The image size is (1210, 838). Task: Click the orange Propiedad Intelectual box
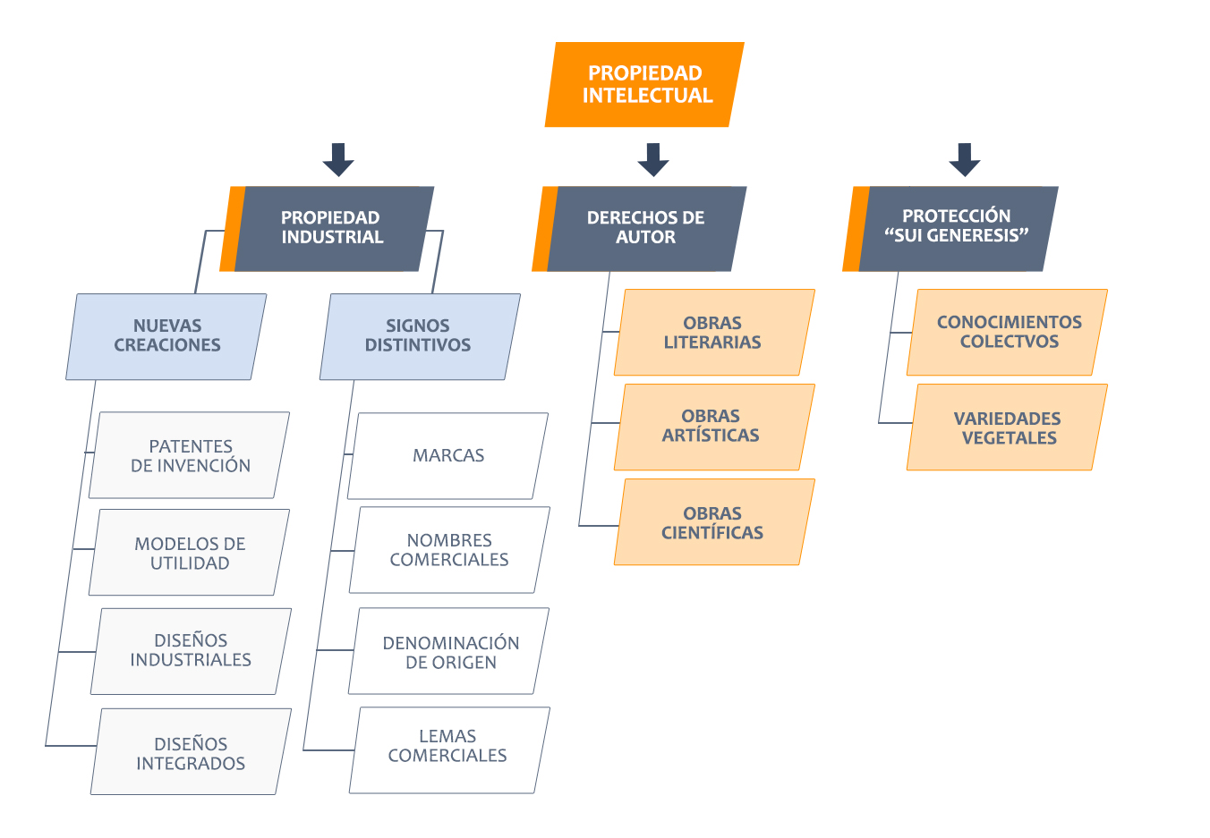(644, 84)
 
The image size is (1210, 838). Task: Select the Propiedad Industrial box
(331, 228)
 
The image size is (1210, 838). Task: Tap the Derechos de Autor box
(644, 228)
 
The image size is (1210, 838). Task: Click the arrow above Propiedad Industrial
(338, 159)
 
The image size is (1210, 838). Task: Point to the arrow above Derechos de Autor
(653, 159)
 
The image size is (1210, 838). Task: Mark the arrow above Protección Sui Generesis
(964, 159)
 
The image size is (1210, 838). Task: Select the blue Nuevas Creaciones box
(166, 336)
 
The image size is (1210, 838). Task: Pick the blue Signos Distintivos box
(419, 336)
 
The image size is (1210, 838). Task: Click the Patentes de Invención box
(190, 455)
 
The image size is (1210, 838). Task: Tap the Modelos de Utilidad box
(190, 553)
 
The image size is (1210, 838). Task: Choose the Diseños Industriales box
(191, 650)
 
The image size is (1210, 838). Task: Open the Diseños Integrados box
(191, 752)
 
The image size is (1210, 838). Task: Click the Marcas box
(447, 456)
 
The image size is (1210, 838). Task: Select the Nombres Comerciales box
(449, 550)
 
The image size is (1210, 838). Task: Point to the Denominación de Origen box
(449, 652)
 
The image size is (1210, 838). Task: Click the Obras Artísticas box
(713, 427)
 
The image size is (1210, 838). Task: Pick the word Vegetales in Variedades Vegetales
(1009, 438)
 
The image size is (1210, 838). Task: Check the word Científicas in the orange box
(712, 533)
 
